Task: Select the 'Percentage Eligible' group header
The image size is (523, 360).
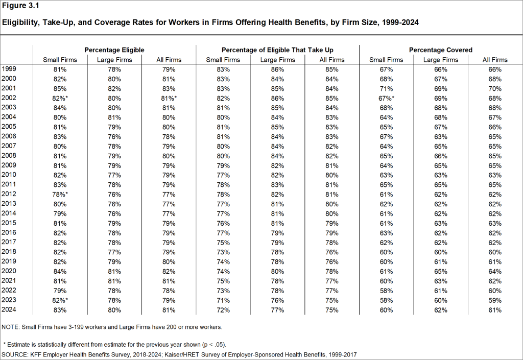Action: (x=114, y=50)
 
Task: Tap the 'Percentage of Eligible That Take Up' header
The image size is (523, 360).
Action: (x=277, y=50)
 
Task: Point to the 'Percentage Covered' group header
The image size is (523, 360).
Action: (x=440, y=50)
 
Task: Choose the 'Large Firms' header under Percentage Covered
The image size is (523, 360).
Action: (x=441, y=60)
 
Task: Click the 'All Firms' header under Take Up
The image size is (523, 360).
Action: (x=331, y=60)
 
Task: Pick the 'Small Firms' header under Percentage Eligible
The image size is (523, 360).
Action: (x=60, y=60)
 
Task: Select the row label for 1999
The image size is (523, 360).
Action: (x=10, y=69)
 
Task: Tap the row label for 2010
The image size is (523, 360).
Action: (x=10, y=175)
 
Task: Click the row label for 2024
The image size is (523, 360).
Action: (x=10, y=310)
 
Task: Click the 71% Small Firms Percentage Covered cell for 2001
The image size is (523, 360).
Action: (x=386, y=88)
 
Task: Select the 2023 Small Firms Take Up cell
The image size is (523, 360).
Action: (x=223, y=300)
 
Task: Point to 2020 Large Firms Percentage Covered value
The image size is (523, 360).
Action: (x=441, y=271)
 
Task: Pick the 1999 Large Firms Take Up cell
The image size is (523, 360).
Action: (x=277, y=69)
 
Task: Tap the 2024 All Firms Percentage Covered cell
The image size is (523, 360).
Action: (x=495, y=310)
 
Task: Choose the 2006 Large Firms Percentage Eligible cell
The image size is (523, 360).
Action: (x=114, y=136)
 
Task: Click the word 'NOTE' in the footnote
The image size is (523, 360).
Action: (x=11, y=327)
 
